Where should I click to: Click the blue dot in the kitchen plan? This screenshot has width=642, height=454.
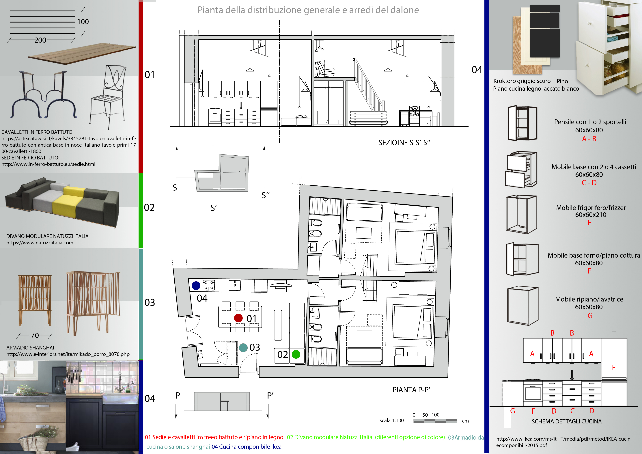pos(196,285)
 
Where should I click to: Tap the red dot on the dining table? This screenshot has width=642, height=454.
pos(238,318)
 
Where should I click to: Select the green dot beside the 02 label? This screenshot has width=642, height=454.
pos(296,354)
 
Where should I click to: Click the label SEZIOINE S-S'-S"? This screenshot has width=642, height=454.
pos(404,143)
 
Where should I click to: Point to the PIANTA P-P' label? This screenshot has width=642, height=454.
pos(411,390)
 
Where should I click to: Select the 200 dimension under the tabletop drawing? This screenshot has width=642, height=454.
pos(40,40)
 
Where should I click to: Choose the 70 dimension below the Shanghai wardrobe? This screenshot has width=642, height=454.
pos(35,335)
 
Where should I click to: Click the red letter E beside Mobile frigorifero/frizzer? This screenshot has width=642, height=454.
pos(589,223)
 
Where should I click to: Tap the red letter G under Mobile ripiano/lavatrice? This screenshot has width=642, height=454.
pos(590,316)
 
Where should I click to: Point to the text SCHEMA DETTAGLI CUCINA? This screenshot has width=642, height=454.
pos(566,421)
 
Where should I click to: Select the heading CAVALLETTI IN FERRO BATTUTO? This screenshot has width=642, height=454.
pos(37,132)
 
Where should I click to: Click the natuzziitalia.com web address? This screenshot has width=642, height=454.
pos(40,243)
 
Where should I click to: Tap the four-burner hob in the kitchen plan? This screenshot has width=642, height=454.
pos(209,285)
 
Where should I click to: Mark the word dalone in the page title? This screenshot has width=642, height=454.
pos(402,10)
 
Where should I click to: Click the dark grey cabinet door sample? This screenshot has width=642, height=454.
pos(545,31)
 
